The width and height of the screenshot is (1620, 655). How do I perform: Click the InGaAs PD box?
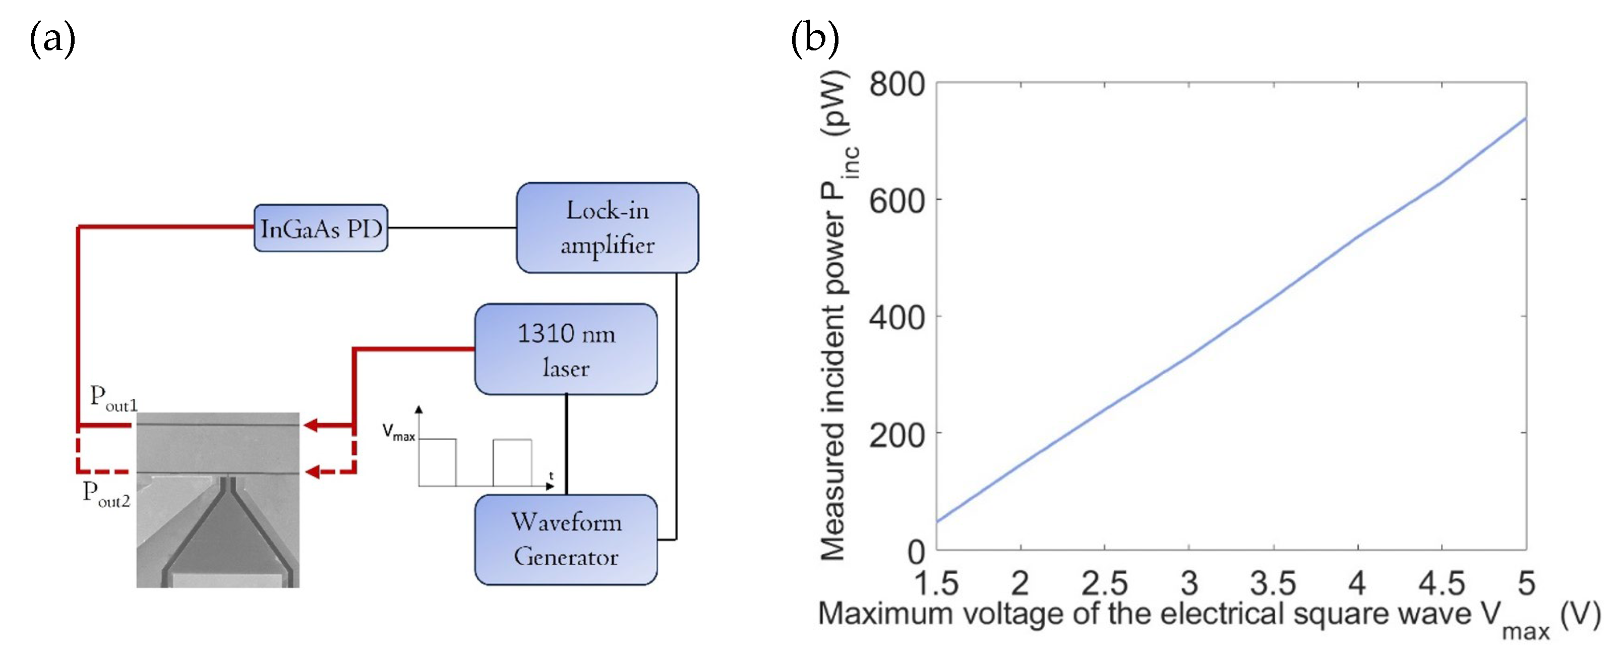[x=321, y=228]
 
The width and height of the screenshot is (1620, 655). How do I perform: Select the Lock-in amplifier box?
[x=607, y=228]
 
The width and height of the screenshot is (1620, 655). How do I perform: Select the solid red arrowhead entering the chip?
[x=311, y=426]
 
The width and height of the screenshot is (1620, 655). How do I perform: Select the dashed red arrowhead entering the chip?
[x=313, y=471]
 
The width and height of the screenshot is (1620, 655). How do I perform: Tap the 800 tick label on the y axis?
[x=897, y=84]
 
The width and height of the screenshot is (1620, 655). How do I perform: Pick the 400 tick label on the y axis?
[x=897, y=317]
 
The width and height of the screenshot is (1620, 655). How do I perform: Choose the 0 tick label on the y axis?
[x=916, y=552]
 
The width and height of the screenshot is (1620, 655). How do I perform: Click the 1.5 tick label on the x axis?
[x=936, y=583]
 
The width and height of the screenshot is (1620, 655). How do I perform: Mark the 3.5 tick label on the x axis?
[x=1273, y=583]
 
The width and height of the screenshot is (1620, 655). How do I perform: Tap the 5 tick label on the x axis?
[x=1526, y=583]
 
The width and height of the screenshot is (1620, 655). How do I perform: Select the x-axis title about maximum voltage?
[x=1208, y=615]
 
